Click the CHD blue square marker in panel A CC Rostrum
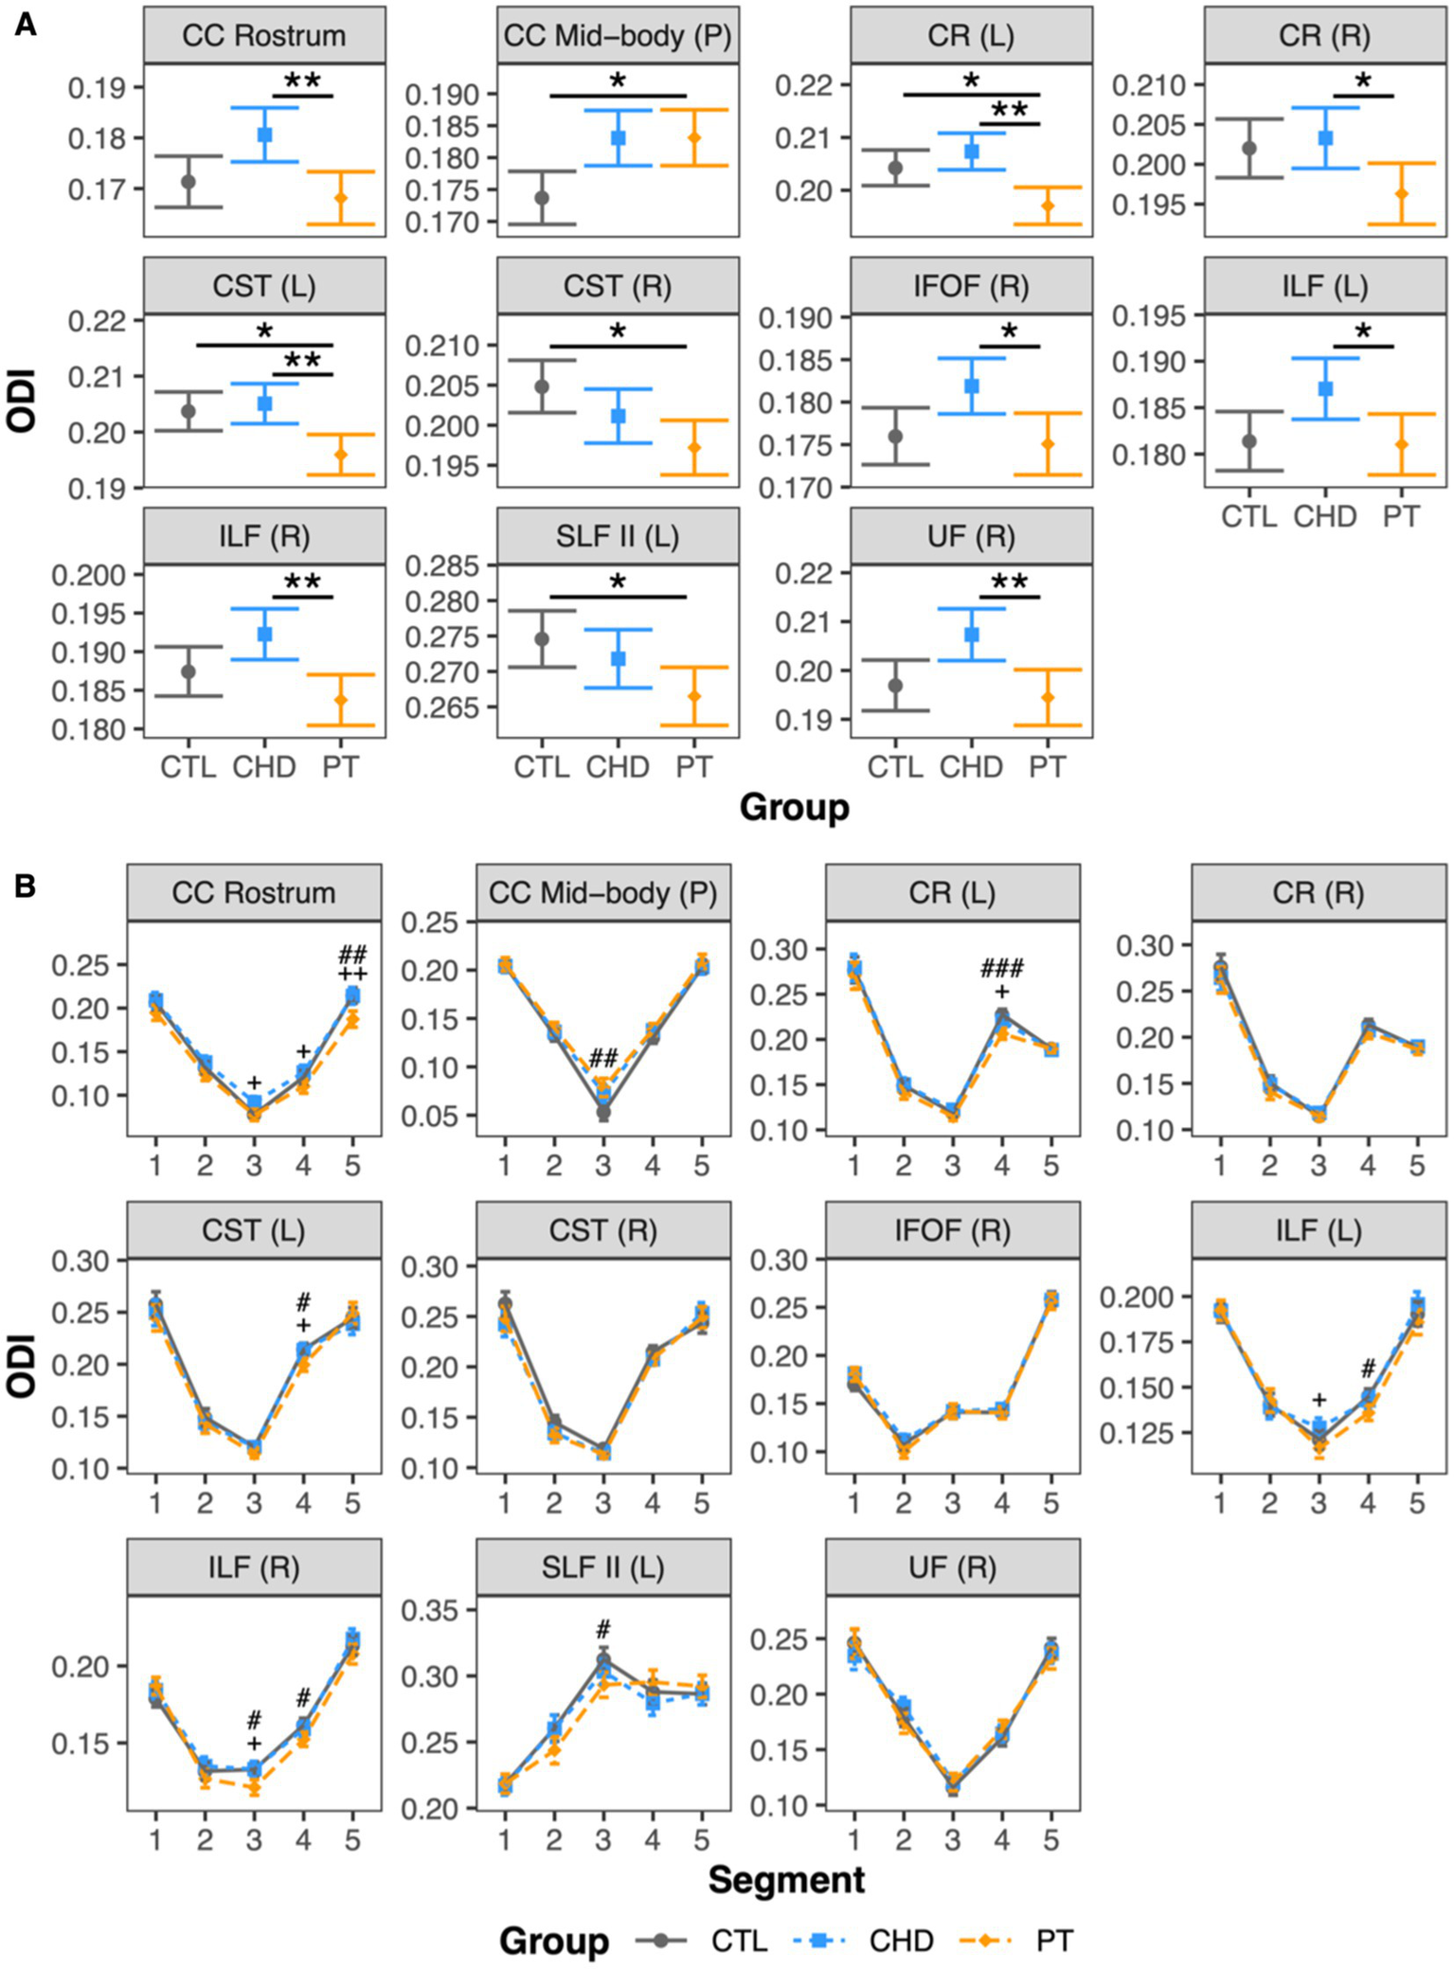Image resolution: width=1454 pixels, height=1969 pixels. tap(265, 135)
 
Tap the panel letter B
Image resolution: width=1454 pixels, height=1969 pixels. tap(26, 885)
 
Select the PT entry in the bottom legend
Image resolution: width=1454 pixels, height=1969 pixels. tap(1052, 1941)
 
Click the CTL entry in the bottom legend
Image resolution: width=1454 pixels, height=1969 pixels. tap(738, 1941)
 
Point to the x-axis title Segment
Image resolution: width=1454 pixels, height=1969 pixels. tap(786, 1879)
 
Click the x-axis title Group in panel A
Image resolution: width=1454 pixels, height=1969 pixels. tap(794, 807)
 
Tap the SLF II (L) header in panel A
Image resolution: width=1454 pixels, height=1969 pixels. tap(618, 537)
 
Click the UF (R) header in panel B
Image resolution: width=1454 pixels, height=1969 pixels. tap(952, 1567)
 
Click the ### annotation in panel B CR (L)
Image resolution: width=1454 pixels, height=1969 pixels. tap(1001, 968)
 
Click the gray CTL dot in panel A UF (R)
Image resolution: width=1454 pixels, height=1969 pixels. tap(895, 686)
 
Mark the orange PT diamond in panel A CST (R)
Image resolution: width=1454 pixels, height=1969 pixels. tap(694, 448)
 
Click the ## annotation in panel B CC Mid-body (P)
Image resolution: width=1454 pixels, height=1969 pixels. tap(603, 1058)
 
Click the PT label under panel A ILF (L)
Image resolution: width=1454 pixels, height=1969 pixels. tap(1400, 517)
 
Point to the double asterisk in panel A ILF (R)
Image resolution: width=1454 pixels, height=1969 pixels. tap(302, 582)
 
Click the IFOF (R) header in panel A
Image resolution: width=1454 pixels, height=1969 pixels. tap(971, 286)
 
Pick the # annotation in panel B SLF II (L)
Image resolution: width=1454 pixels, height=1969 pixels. tap(603, 1630)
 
